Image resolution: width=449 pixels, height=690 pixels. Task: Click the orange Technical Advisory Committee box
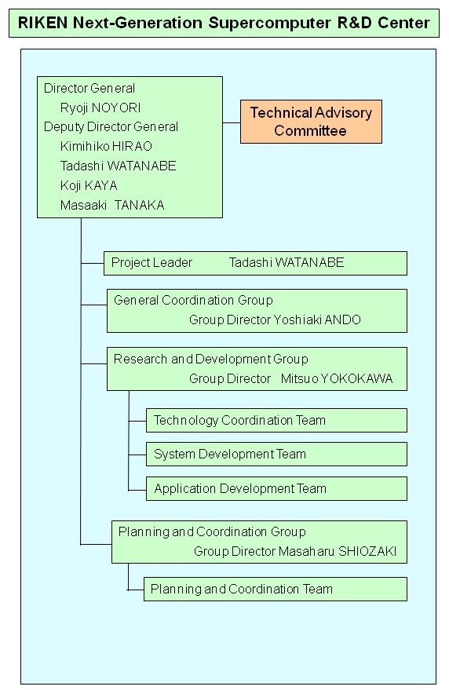311,122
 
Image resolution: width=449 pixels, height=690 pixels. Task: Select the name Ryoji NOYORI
100,108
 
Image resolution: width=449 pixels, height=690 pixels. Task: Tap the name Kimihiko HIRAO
106,146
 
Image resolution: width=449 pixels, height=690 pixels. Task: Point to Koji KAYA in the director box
89,185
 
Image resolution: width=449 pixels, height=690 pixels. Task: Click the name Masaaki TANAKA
112,205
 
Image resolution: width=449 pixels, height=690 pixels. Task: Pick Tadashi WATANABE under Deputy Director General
118,166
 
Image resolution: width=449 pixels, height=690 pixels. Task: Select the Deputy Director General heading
111,126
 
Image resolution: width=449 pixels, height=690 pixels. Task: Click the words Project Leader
151,263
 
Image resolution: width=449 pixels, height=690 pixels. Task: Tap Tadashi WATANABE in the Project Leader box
287,263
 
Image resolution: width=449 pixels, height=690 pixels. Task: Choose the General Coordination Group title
193,300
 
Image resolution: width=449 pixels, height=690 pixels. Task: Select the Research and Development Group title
211,359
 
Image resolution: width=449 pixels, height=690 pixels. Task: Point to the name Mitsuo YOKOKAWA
337,379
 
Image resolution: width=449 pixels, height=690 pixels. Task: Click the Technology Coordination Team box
276,420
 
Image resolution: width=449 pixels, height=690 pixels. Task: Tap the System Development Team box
276,455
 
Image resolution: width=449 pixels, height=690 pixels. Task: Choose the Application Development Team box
276,488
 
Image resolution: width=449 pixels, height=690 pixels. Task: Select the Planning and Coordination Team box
276,590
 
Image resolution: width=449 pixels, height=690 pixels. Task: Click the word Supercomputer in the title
269,23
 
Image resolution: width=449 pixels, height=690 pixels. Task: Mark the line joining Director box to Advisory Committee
232,122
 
